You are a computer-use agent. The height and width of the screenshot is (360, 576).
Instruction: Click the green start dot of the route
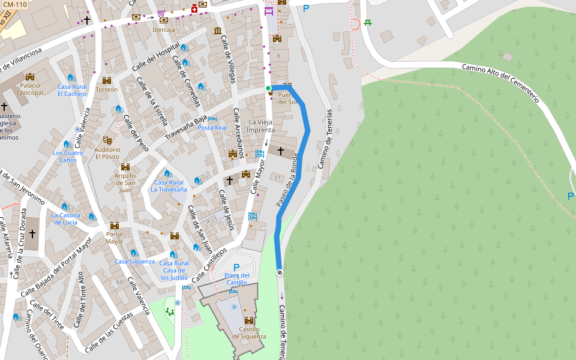268,88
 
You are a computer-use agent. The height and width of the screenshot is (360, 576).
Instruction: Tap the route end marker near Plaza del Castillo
280,273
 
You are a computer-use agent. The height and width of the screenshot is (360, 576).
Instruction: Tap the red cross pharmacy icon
194,9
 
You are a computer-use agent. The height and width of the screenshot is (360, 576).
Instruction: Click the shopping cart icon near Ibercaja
161,13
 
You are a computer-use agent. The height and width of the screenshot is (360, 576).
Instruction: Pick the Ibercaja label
164,29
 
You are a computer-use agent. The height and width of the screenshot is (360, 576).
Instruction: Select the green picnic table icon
368,23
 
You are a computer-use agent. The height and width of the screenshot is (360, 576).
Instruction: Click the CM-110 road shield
14,5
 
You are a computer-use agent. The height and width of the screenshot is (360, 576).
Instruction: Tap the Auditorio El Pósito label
107,153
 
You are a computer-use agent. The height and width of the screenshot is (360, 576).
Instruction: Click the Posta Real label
212,128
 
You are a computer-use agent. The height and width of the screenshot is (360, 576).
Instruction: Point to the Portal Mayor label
114,238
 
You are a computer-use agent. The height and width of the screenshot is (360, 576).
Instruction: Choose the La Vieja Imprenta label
261,126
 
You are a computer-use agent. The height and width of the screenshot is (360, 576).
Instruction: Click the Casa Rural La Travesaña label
169,185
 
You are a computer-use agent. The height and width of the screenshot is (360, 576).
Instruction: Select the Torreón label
107,89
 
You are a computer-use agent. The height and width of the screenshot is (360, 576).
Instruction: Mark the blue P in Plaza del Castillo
236,268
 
